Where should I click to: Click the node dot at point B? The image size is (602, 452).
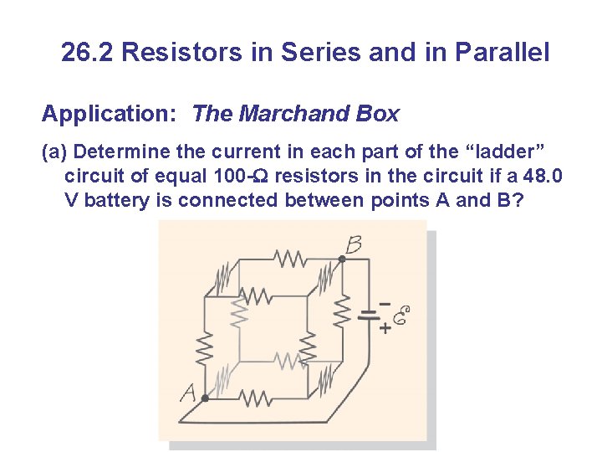point(341,259)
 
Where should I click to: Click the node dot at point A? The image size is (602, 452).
point(206,398)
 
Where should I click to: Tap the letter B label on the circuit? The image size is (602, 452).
point(354,244)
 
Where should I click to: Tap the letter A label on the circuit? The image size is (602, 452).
point(189,392)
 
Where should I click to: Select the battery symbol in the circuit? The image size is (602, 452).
point(369,316)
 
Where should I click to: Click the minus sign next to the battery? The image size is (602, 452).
point(385,302)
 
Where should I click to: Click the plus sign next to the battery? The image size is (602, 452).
point(385,329)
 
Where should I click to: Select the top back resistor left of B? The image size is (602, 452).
point(290,259)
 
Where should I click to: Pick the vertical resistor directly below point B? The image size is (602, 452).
point(341,311)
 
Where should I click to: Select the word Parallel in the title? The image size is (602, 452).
point(502,53)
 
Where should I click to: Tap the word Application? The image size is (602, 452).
point(110,114)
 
